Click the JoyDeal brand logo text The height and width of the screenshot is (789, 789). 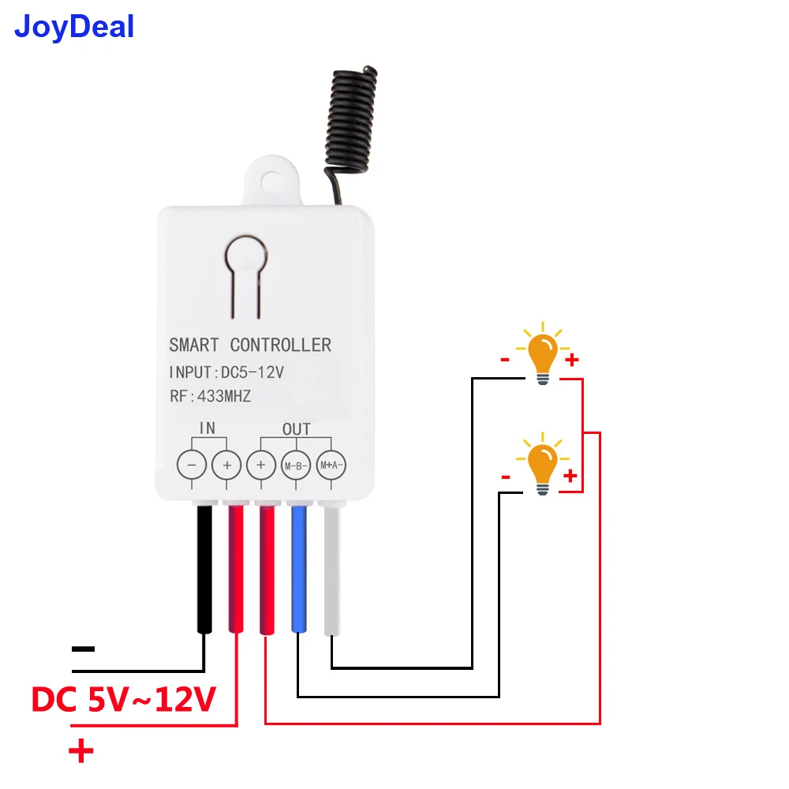click(75, 27)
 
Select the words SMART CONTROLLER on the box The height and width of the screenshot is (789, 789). click(250, 345)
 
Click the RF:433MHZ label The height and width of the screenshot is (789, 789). click(209, 397)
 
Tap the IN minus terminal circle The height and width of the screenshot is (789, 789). click(192, 465)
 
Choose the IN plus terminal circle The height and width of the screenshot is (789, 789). click(226, 465)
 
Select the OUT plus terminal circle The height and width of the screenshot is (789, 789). click(261, 465)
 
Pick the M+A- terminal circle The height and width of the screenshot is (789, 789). click(331, 465)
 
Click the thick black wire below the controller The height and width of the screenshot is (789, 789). click(204, 568)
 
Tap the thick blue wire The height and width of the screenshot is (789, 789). click(299, 568)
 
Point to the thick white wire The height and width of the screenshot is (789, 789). click(331, 568)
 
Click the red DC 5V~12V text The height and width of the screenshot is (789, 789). click(124, 699)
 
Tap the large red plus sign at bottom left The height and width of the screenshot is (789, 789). click(80, 751)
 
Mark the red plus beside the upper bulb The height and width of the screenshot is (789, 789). click(572, 361)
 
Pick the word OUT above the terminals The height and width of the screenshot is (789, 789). click(296, 429)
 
